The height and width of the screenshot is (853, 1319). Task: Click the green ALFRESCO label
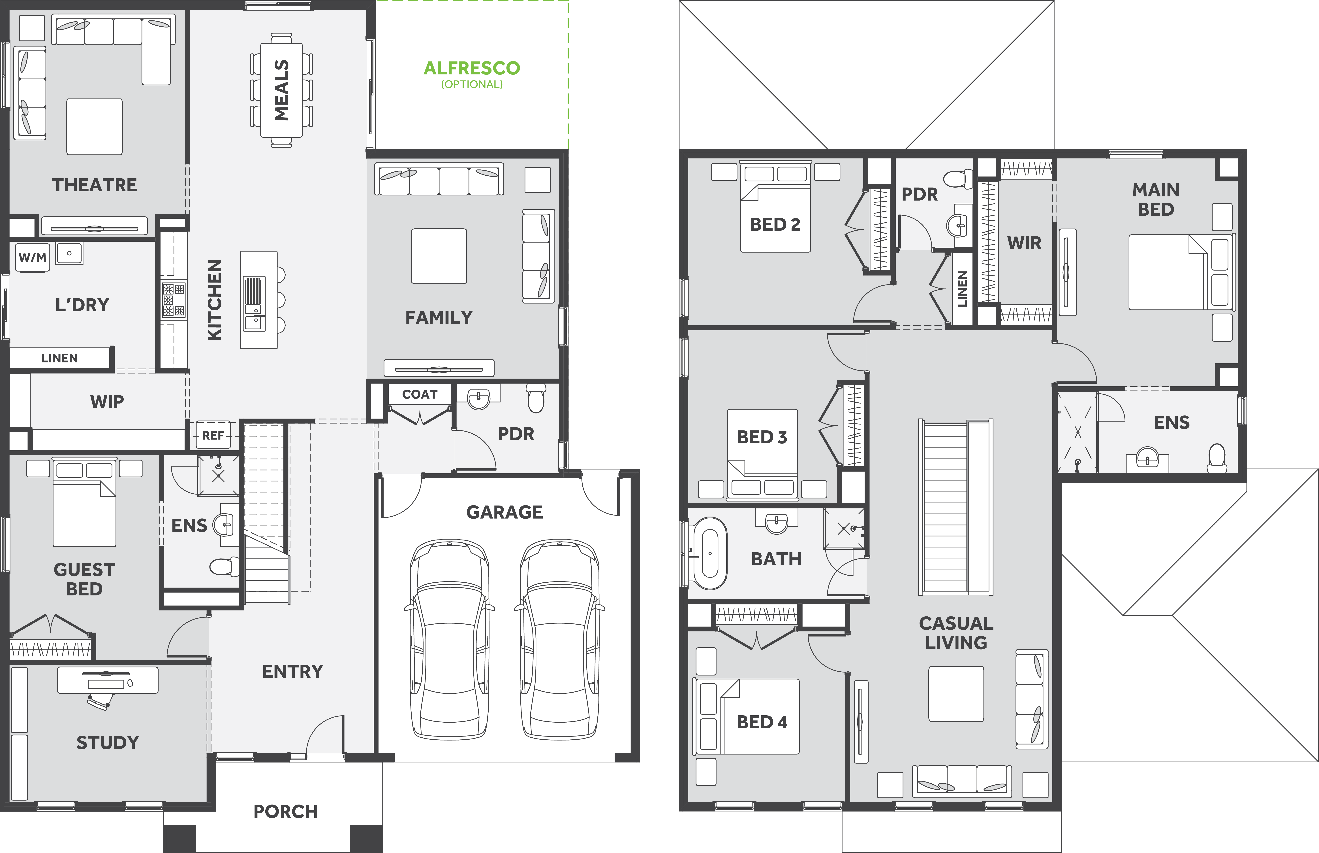click(x=472, y=68)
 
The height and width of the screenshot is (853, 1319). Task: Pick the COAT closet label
click(x=420, y=394)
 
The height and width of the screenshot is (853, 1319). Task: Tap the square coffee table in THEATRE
click(x=94, y=127)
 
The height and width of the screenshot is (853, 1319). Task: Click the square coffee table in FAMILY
click(x=439, y=256)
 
